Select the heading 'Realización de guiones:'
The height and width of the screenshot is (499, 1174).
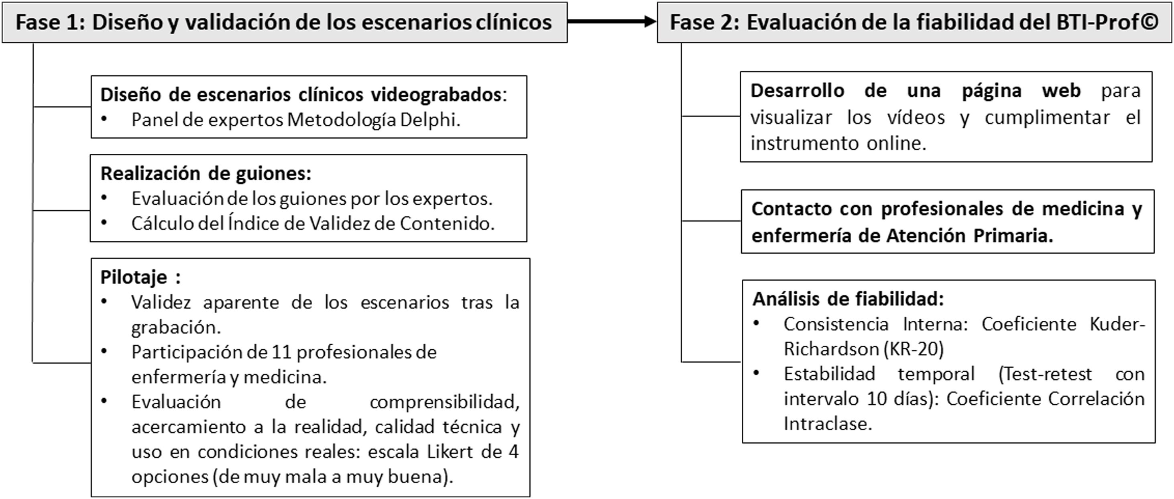point(206,173)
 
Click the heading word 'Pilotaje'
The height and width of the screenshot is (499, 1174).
point(134,277)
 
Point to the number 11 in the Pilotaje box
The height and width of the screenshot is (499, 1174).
point(281,352)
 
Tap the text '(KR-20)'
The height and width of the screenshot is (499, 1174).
point(914,349)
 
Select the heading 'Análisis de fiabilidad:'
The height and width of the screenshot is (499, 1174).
point(848,299)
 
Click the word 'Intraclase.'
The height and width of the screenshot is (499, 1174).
point(828,424)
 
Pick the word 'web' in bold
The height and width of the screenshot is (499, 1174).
point(1061,91)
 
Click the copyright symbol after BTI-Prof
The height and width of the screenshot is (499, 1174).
point(1150,22)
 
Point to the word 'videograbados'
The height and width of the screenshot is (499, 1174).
point(436,95)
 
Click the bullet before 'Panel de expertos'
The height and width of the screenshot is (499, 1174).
point(104,119)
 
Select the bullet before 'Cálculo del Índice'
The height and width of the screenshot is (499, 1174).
point(104,223)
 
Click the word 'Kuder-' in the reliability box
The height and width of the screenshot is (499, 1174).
point(1117,324)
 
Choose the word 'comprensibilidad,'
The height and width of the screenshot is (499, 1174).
point(444,402)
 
